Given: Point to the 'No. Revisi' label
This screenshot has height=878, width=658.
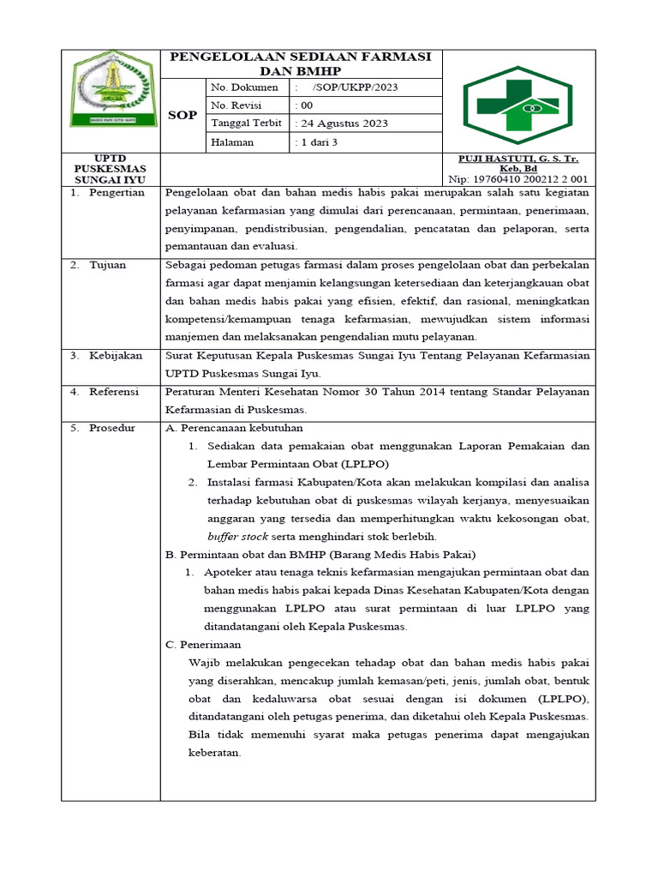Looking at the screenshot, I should [239, 105].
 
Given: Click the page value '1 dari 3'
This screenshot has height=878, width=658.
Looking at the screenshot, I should [319, 142].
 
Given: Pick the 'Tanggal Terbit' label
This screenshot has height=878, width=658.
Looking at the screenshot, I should [246, 123].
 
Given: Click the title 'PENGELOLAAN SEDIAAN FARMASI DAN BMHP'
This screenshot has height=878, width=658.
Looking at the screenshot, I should [301, 63].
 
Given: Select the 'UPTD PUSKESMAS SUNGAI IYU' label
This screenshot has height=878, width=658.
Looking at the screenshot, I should [110, 170].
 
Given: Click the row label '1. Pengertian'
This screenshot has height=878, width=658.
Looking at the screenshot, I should [107, 193].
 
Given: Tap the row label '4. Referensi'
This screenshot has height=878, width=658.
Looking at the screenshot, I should [107, 391].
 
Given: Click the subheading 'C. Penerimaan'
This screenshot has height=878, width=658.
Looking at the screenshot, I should [203, 644].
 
